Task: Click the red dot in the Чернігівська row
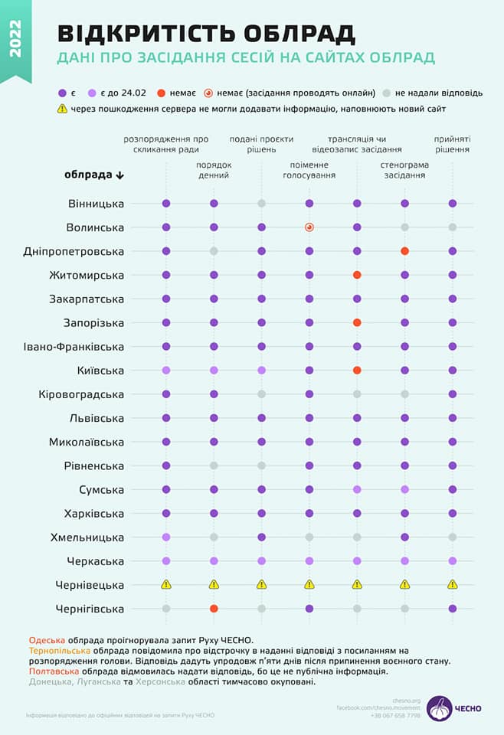(x=214, y=609)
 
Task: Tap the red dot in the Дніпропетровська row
(x=404, y=251)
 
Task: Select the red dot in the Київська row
(x=357, y=371)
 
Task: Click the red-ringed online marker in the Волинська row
(x=309, y=227)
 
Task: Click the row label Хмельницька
(x=87, y=537)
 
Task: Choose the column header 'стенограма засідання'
(x=404, y=170)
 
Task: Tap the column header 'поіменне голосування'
(x=309, y=170)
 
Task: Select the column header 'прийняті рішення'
(x=452, y=145)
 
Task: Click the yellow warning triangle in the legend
(x=62, y=109)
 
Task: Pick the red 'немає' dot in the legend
(x=162, y=93)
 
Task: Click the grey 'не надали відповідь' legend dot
(x=387, y=93)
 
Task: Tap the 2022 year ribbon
(x=16, y=38)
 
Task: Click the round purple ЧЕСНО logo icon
(x=439, y=707)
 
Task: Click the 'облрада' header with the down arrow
(x=93, y=175)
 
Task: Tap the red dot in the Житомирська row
(x=357, y=275)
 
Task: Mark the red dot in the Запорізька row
(x=357, y=323)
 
